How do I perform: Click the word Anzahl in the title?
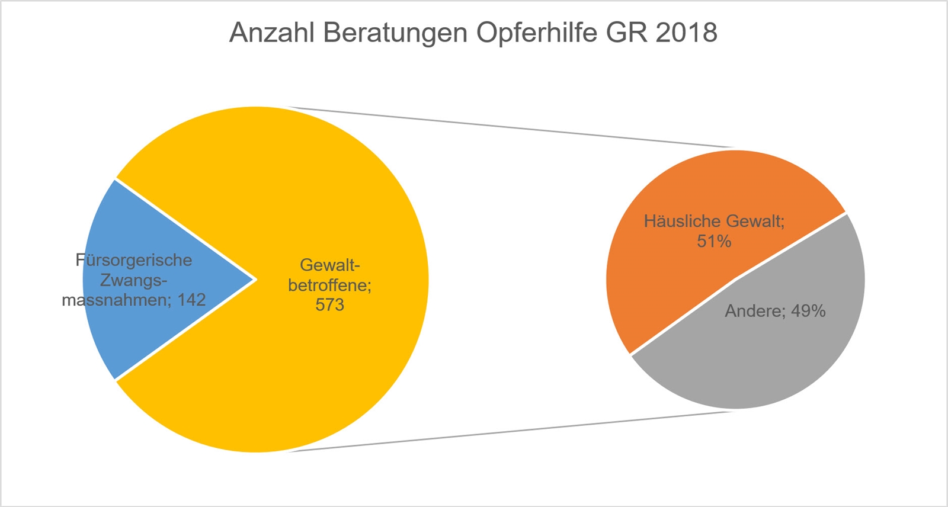271,33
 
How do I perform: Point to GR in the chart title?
627,33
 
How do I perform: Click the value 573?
330,305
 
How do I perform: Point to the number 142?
191,300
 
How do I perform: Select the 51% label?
714,242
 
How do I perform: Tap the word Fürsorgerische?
134,260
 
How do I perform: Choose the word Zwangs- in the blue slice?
134,280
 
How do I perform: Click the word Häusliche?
682,222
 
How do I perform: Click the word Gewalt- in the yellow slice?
330,265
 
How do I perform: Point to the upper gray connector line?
510,127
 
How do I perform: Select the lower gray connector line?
510,432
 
